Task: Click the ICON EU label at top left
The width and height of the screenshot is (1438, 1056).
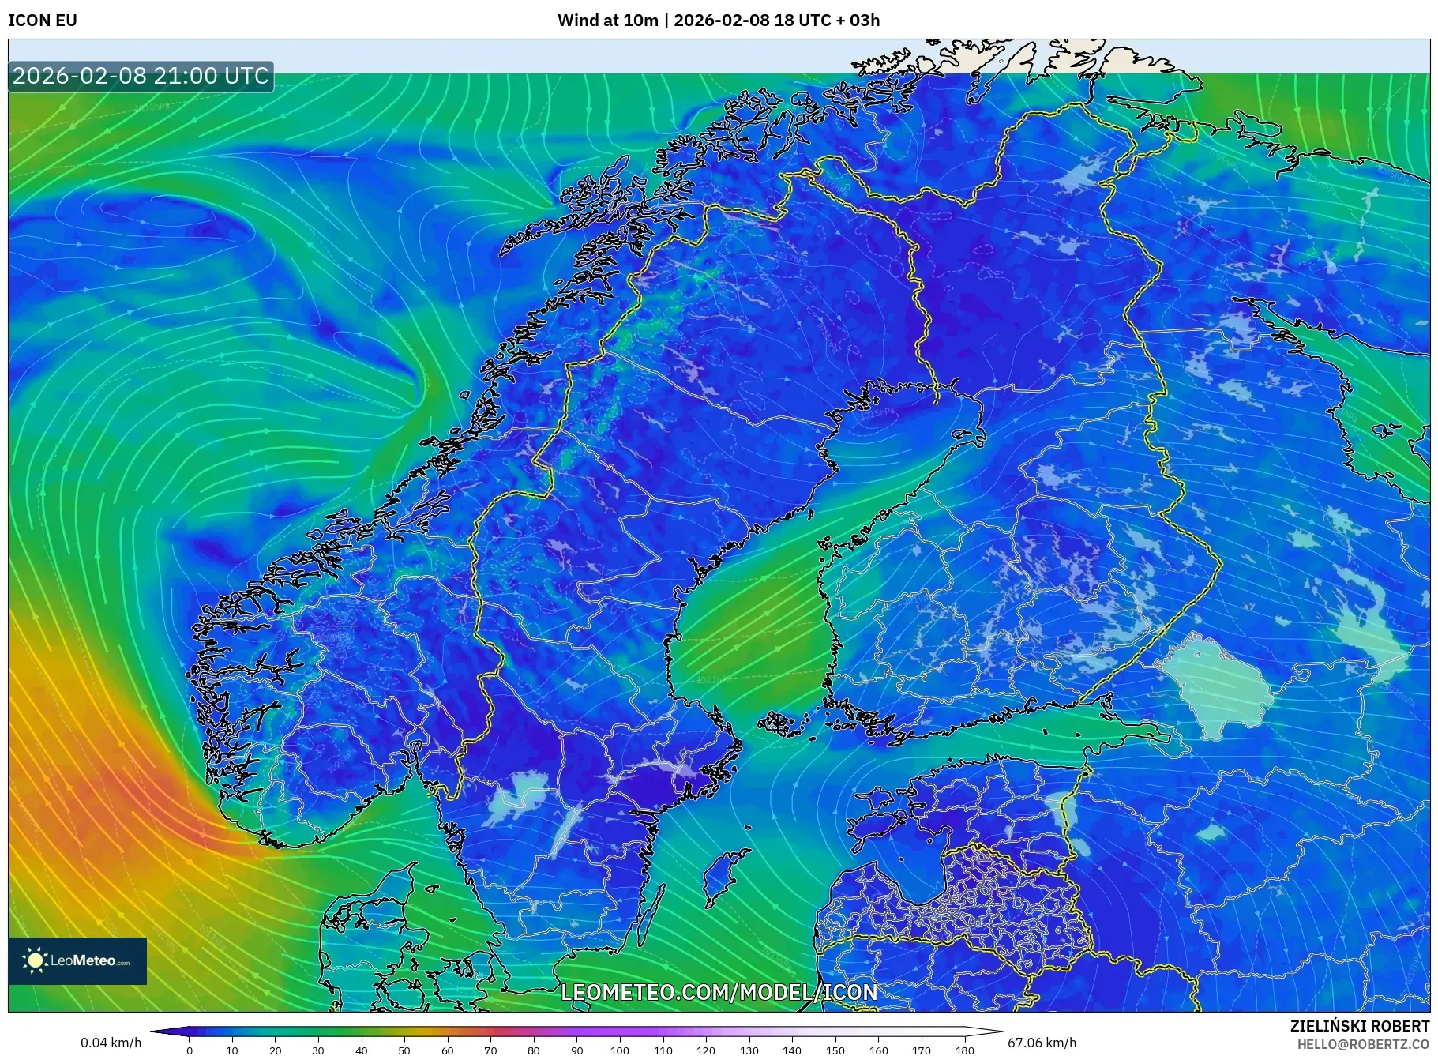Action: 43,21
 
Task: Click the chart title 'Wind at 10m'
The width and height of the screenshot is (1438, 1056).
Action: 607,21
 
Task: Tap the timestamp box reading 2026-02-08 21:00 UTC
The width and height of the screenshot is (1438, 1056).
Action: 141,76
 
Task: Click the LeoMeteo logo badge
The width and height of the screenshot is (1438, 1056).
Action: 77,960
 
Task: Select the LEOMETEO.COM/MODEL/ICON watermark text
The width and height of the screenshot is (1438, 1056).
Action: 719,993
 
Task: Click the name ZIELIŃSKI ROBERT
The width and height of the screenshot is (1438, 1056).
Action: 1359,1026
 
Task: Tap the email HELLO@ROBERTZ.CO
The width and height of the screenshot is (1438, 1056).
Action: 1363,1044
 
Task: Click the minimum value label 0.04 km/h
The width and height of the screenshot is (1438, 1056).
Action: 111,1043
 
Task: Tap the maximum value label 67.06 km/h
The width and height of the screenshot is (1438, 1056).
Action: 1042,1043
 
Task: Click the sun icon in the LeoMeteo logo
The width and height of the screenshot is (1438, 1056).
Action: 36,960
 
